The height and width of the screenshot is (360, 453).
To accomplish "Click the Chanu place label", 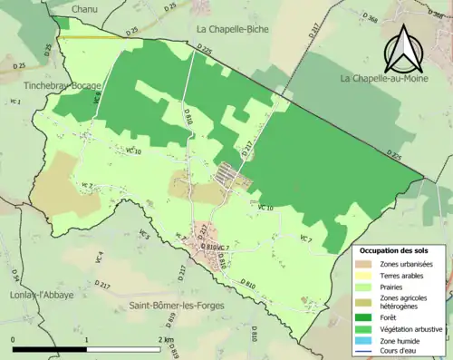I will tap(83, 8).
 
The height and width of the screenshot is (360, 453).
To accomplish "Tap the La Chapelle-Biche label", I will tap(226, 29).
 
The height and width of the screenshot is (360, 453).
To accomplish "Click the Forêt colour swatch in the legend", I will tap(363, 316).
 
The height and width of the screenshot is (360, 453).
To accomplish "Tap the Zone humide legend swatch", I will tap(363, 339).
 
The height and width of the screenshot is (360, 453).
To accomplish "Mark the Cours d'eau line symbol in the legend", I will tap(363, 350).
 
